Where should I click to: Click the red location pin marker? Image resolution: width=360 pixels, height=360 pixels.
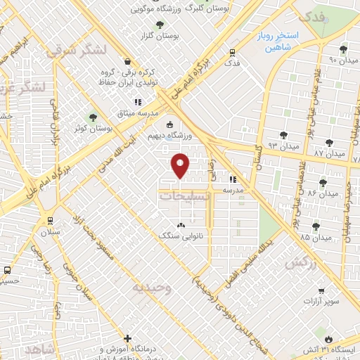click(x=181, y=166)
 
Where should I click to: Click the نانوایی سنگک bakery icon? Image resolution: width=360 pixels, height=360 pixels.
click(x=182, y=226)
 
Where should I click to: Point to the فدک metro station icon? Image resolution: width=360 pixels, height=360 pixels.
click(x=232, y=51)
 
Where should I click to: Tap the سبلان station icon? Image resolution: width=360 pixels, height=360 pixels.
click(x=48, y=219)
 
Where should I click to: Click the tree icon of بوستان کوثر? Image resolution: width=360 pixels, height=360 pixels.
click(x=91, y=117)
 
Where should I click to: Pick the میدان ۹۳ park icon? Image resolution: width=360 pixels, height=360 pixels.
click(x=283, y=134)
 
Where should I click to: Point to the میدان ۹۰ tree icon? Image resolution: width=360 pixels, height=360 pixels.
click(x=343, y=49)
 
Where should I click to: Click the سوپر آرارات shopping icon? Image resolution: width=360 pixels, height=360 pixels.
click(x=321, y=290)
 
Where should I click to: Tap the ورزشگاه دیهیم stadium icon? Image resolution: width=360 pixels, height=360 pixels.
click(x=168, y=125)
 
